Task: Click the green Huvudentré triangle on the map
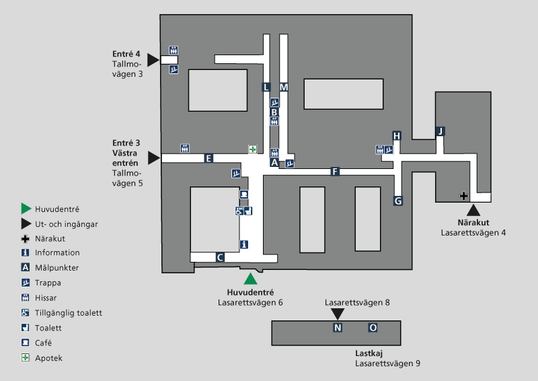coord(251,279)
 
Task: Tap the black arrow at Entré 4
coord(153,60)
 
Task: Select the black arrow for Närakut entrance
coord(473,210)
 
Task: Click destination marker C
coord(220,257)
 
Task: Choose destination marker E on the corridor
coord(209,158)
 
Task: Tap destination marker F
coord(334,172)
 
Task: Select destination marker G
coord(398,201)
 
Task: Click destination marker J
coord(440,131)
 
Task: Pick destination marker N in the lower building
coord(338,328)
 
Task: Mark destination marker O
coord(373,328)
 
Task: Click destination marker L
coord(266,87)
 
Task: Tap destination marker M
coord(284,87)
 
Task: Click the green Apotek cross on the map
coord(253,149)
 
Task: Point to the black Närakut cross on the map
coord(463,196)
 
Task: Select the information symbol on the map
coord(243,244)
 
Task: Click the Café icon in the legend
coord(26,343)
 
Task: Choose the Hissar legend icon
coord(26,298)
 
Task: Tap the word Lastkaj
coord(369,353)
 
